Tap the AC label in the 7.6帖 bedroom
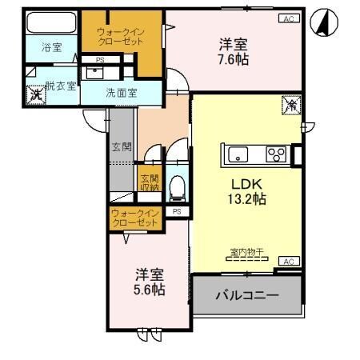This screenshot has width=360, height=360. tap(286, 18)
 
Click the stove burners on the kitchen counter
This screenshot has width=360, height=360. tap(276, 154)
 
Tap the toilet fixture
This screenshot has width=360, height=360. tap(178, 188)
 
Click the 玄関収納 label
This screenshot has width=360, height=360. tap(150, 182)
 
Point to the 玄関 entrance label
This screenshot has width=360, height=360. tap(122, 146)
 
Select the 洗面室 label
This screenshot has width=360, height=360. tap(122, 93)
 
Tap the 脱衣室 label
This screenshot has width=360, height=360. tap(61, 86)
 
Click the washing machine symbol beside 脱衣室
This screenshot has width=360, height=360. tap(35, 94)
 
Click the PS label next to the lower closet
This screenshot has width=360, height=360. tap(176, 212)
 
